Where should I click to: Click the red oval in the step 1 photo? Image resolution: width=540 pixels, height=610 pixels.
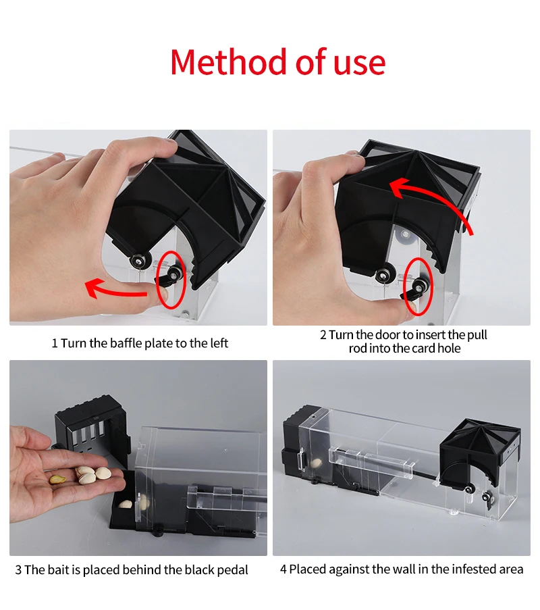click(171, 278)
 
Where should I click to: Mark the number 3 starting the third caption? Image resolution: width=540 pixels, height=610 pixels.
click(18, 570)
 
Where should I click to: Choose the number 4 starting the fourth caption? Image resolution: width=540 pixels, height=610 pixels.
click(283, 569)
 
